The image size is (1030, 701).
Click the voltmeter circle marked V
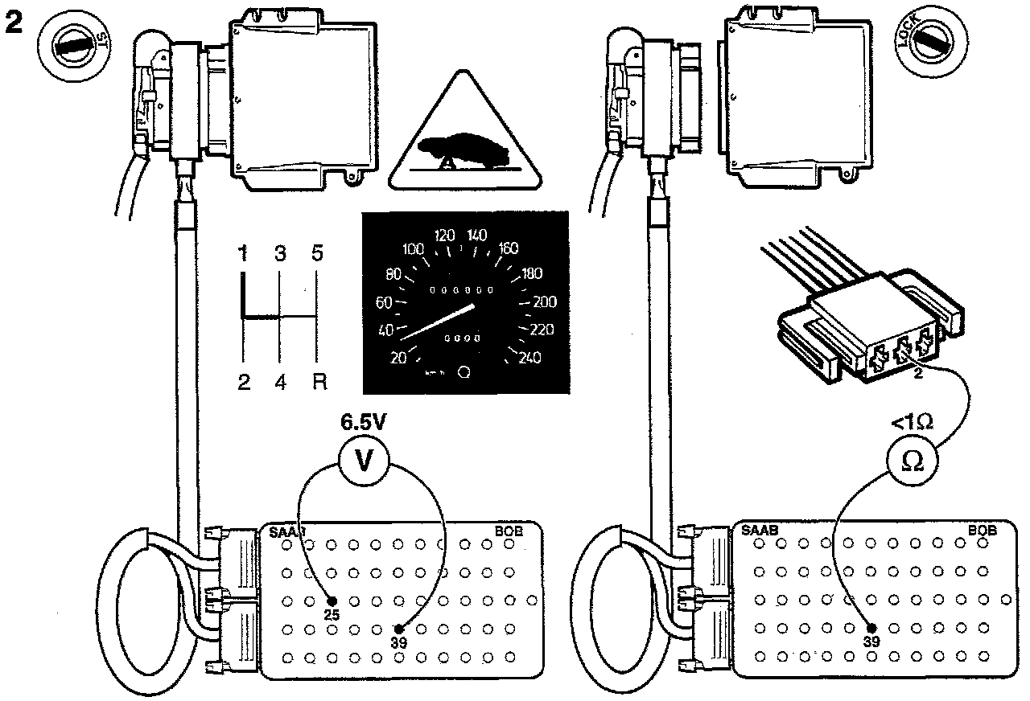tap(362, 463)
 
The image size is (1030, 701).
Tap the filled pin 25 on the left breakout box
tap(332, 601)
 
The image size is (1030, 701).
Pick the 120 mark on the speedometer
tap(444, 236)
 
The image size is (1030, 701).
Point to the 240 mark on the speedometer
tap(531, 359)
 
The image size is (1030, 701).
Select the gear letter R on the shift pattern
tap(319, 381)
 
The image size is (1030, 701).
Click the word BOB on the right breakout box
tap(982, 531)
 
